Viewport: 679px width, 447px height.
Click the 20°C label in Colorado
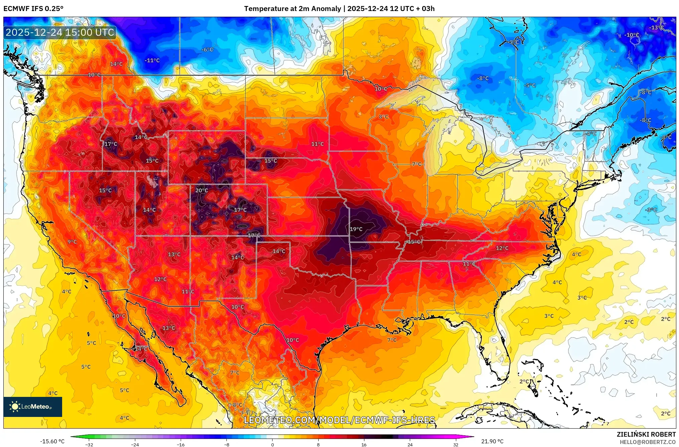201,190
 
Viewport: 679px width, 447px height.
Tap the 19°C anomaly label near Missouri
356,229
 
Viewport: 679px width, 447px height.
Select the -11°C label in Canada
152,60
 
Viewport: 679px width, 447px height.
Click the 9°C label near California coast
72,242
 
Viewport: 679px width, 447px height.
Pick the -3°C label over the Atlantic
651,210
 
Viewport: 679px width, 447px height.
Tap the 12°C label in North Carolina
502,248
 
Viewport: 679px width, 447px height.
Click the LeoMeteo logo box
33,407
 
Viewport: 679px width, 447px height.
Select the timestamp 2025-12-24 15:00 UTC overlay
60,32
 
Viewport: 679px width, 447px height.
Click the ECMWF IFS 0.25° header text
33,9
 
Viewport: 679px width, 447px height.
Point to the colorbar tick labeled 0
273,444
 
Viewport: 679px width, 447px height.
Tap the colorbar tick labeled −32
89,444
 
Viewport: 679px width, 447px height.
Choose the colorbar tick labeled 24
410,444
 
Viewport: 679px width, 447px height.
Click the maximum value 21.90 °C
492,441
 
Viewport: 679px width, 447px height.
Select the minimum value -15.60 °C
52,441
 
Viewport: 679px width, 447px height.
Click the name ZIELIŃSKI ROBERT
646,434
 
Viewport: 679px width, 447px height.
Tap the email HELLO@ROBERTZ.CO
648,442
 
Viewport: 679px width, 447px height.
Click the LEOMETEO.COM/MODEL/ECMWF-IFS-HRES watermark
339,420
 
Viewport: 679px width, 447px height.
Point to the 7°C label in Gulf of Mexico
392,340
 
